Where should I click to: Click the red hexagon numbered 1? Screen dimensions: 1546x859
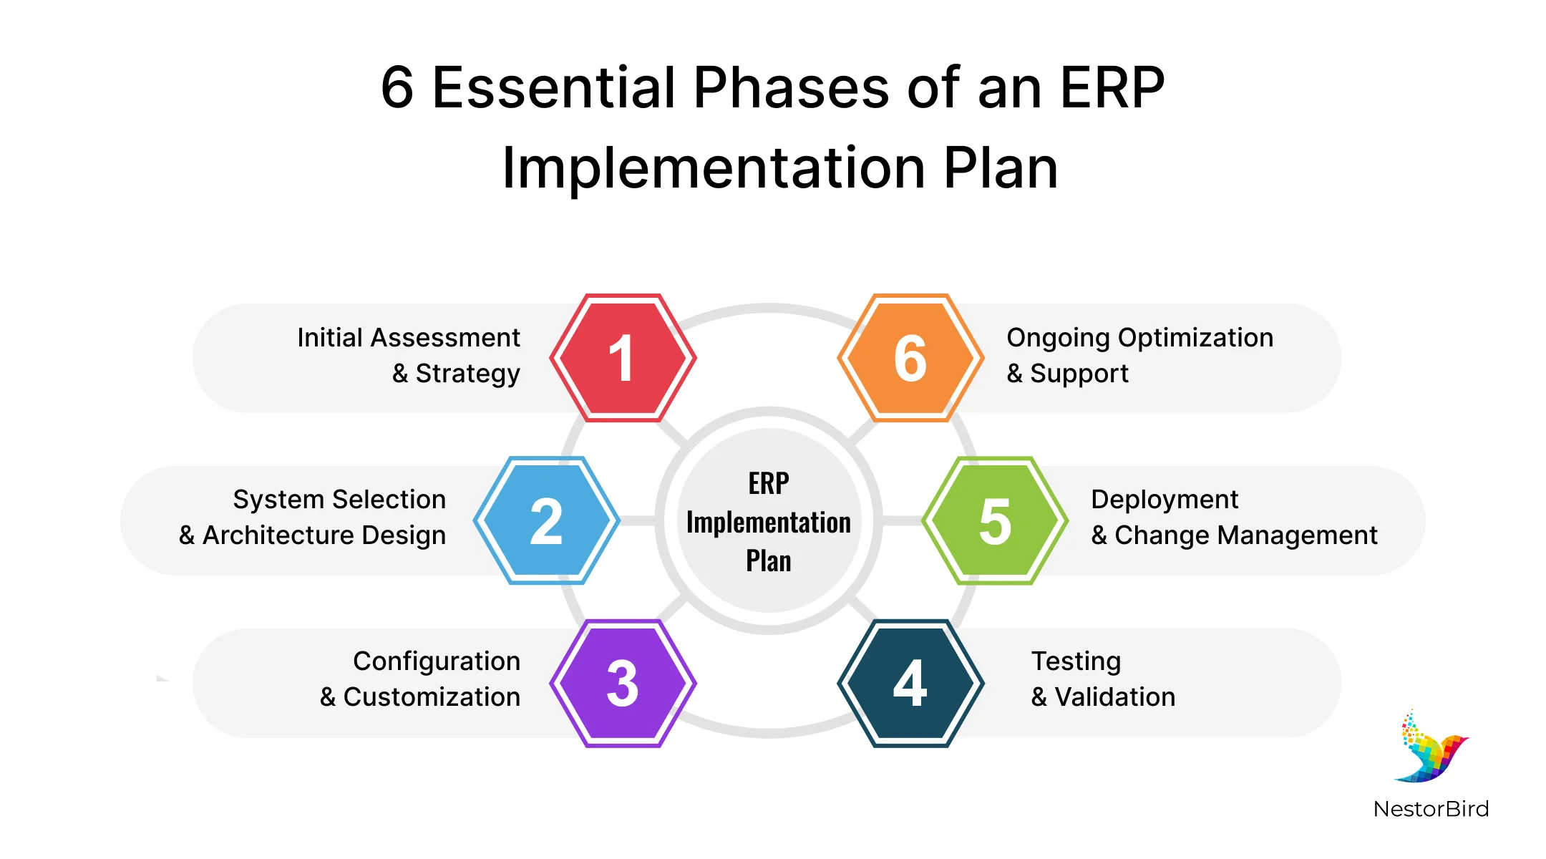pyautogui.click(x=623, y=357)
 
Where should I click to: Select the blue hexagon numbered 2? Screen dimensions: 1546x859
pyautogui.click(x=546, y=520)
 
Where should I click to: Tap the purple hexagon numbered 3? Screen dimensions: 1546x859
pyautogui.click(x=623, y=683)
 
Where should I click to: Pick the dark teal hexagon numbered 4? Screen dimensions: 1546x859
pyautogui.click(x=910, y=683)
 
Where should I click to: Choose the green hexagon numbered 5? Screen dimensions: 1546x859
pyautogui.click(x=995, y=520)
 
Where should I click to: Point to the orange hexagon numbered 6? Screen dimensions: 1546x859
pyautogui.click(x=910, y=357)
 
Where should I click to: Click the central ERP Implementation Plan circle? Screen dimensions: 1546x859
pyautogui.click(x=769, y=520)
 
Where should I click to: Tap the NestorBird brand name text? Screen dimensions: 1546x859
pyautogui.click(x=1431, y=809)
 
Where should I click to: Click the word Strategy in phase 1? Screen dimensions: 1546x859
pyautogui.click(x=467, y=374)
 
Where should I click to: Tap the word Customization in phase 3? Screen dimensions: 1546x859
pyautogui.click(x=432, y=697)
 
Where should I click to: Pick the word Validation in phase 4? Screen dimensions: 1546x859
pyautogui.click(x=1115, y=697)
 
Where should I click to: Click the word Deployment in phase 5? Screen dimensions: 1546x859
pyautogui.click(x=1165, y=500)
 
